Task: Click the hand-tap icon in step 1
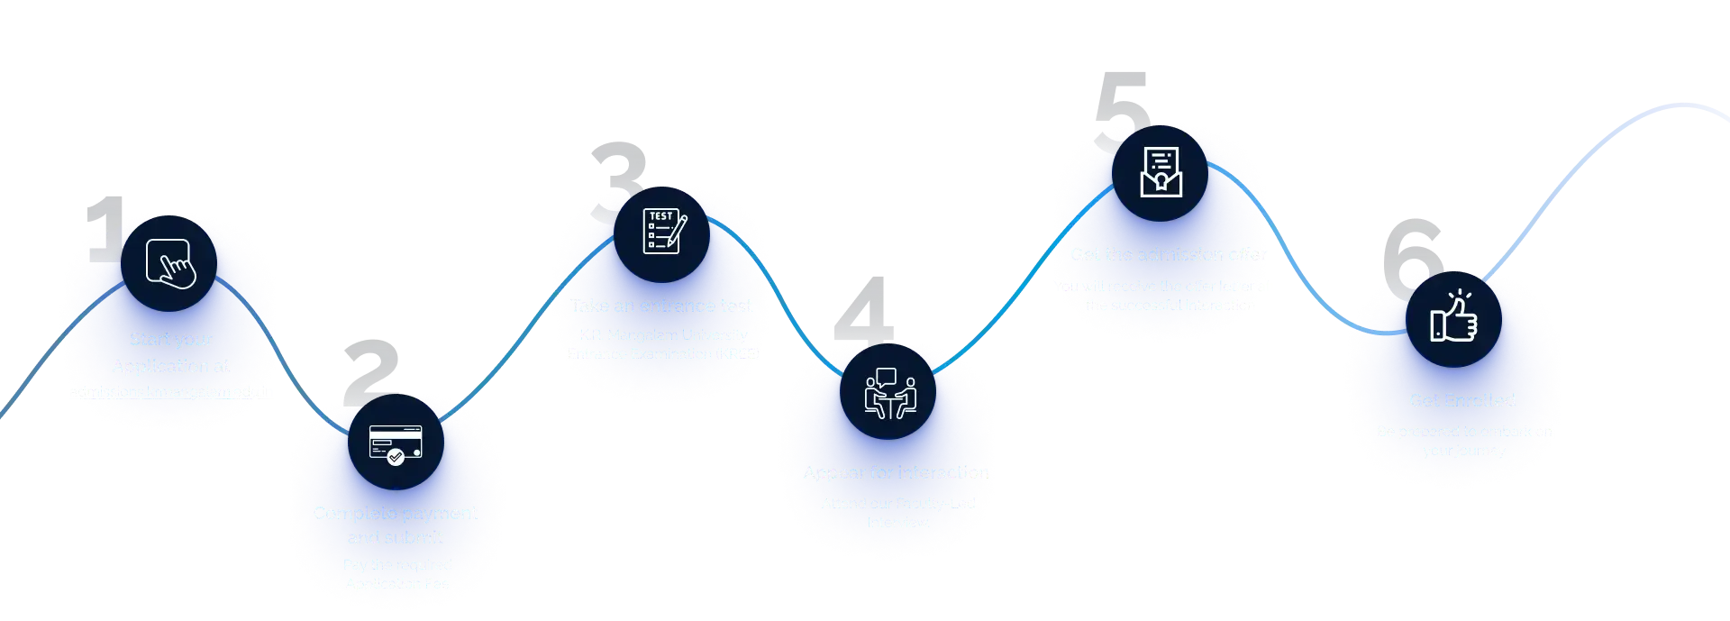point(169,263)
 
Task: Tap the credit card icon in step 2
point(396,443)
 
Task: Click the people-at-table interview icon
point(889,393)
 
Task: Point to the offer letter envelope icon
point(1161,172)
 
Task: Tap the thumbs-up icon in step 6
point(1453,318)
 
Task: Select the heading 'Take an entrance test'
point(660,306)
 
